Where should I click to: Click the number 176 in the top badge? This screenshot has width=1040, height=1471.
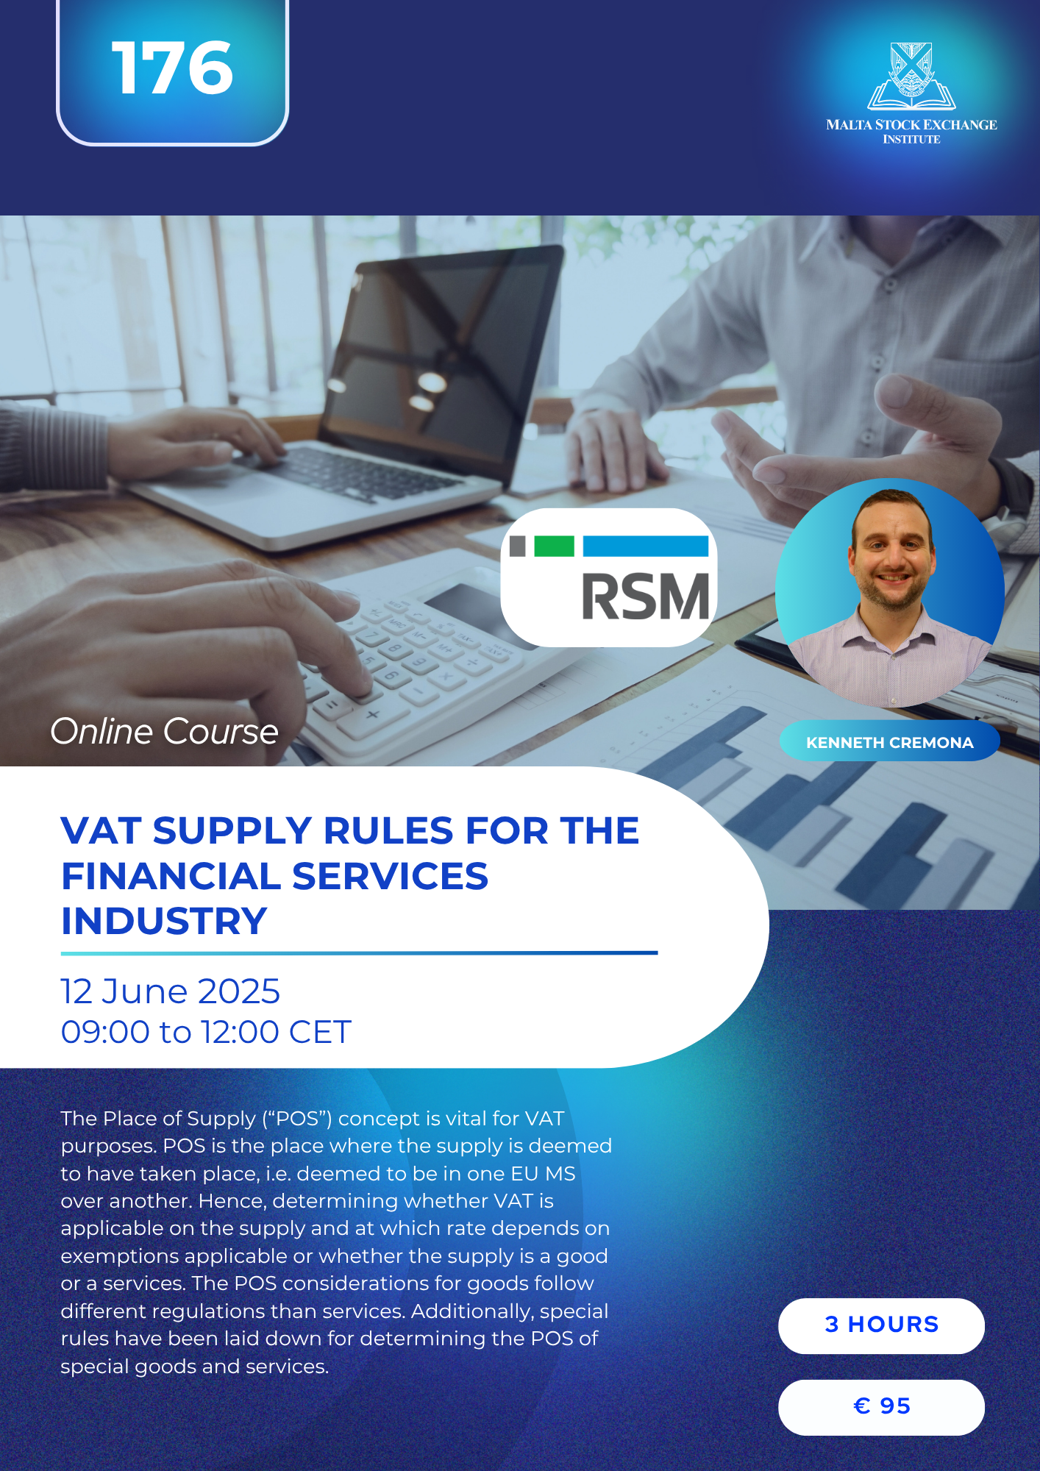pyautogui.click(x=172, y=68)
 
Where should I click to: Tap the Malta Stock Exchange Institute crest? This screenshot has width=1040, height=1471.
pyautogui.click(x=911, y=76)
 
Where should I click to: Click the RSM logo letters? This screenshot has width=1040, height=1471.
pyautogui.click(x=645, y=596)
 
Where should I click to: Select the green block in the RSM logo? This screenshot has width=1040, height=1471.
pyautogui.click(x=554, y=546)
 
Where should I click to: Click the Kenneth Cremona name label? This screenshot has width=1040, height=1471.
pyautogui.click(x=889, y=742)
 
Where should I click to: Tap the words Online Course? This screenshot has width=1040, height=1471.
pyautogui.click(x=164, y=731)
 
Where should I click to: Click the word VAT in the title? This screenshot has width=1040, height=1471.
pyautogui.click(x=101, y=830)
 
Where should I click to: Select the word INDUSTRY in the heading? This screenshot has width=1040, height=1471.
pyautogui.click(x=164, y=921)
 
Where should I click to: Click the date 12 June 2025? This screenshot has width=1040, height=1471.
pyautogui.click(x=170, y=991)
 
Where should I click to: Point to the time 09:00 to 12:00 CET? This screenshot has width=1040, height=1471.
pyautogui.click(x=206, y=1031)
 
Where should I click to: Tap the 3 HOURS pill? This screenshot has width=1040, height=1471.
pyautogui.click(x=881, y=1325)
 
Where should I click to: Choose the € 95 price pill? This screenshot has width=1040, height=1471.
pyautogui.click(x=881, y=1407)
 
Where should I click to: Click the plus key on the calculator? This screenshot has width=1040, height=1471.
pyautogui.click(x=373, y=714)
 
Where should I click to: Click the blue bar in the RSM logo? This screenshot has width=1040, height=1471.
pyautogui.click(x=646, y=546)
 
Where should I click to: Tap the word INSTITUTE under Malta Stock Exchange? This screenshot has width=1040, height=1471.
pyautogui.click(x=911, y=139)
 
